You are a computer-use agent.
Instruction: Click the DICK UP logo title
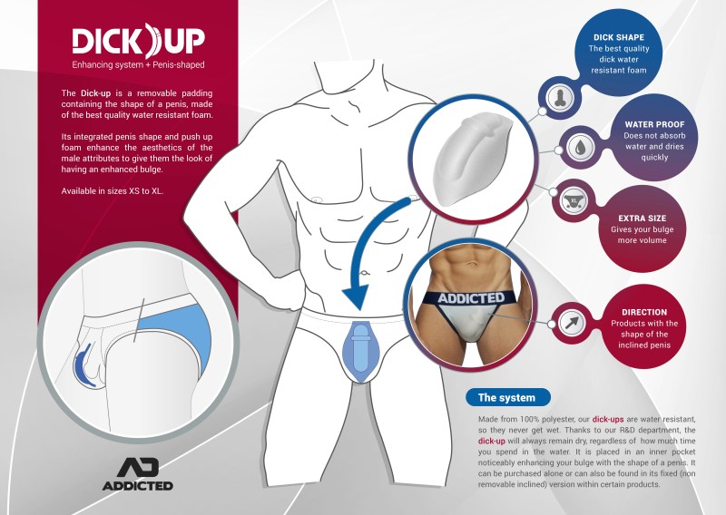tap(139, 41)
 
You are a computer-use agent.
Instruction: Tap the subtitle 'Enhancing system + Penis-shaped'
tap(138, 64)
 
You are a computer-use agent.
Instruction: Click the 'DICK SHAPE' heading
tap(619, 37)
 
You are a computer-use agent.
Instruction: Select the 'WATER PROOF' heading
tap(654, 124)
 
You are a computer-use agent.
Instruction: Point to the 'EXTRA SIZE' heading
tap(642, 219)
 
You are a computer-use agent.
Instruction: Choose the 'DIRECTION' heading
tap(644, 312)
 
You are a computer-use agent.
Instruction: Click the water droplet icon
tap(579, 148)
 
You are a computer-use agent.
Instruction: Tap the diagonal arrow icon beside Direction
tap(572, 323)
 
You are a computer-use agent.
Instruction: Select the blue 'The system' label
tap(508, 397)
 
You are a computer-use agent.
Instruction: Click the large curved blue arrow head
tap(357, 296)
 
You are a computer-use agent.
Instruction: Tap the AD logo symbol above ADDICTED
tap(138, 467)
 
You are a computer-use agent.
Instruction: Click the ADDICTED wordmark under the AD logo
tap(138, 486)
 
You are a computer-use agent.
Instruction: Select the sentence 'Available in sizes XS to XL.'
tap(112, 190)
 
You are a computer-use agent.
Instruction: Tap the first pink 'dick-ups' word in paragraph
tap(608, 419)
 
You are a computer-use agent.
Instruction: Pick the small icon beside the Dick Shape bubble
tap(560, 98)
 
